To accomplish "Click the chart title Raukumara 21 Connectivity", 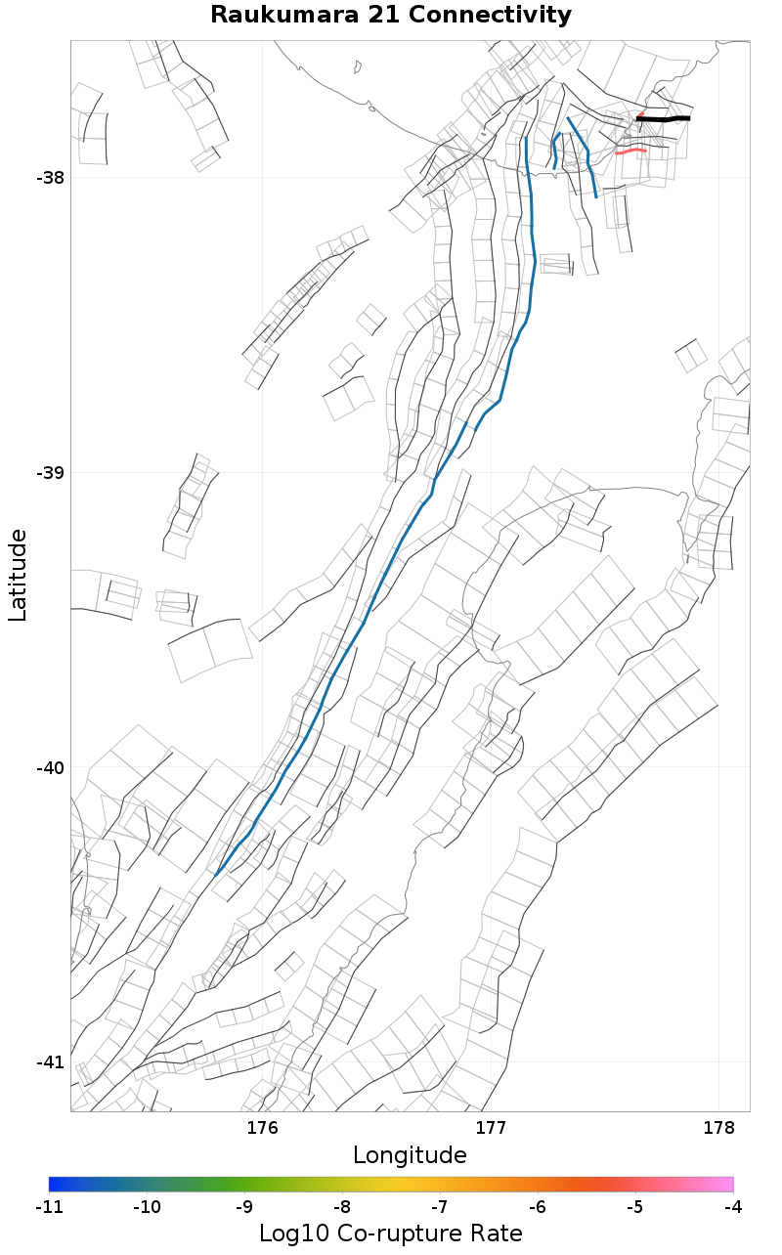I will click(x=391, y=16).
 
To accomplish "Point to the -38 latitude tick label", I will click(x=50, y=178).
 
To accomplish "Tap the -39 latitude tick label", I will click(x=50, y=473).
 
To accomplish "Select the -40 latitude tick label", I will click(x=50, y=768).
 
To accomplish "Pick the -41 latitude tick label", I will click(x=50, y=1062).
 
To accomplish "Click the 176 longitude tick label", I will click(x=262, y=1129).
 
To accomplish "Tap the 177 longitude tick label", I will click(x=490, y=1129).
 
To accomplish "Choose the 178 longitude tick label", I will click(x=718, y=1129).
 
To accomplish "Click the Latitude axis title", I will click(x=18, y=575).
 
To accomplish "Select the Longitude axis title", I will click(x=410, y=1155).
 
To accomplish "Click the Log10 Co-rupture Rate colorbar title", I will click(x=390, y=1233).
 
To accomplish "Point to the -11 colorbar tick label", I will click(x=49, y=1207).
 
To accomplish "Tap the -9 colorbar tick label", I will click(x=244, y=1207).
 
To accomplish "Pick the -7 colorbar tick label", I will click(x=440, y=1207).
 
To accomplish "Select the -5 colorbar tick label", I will click(x=635, y=1207).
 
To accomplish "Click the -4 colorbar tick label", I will click(x=733, y=1207).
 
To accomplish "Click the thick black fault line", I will click(x=665, y=119).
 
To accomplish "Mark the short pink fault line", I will click(x=631, y=151).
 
